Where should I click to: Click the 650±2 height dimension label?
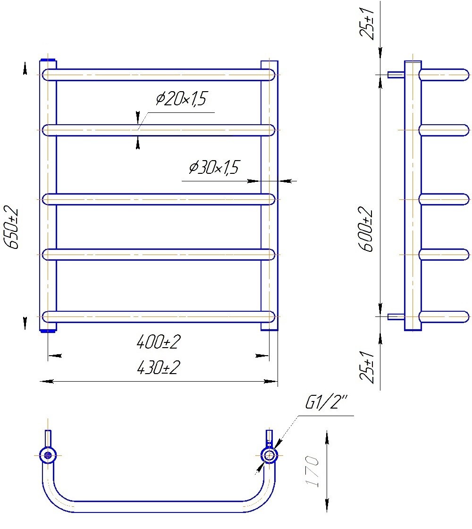tap(11, 227)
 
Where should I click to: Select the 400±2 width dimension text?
tap(159, 342)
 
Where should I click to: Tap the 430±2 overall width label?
tap(159, 367)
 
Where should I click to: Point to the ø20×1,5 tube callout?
tap(181, 99)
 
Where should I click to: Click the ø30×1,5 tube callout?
tap(214, 167)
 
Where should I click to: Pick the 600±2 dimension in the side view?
tap(365, 229)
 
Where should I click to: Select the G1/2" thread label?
tap(326, 402)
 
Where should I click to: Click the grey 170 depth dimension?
tap(312, 471)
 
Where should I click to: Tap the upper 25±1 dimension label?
tap(366, 23)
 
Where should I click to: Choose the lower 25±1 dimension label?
tap(367, 367)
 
